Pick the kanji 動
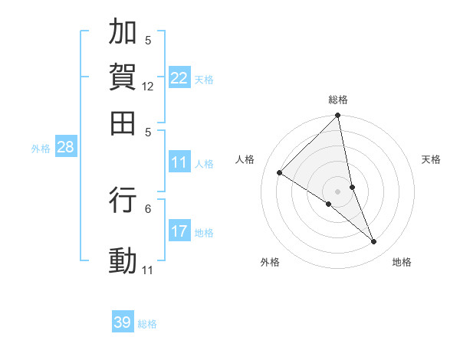[x=123, y=260]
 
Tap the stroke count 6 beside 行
[x=148, y=208]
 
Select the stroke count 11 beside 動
[x=148, y=270]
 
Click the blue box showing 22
[x=179, y=78]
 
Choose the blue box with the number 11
[x=179, y=162]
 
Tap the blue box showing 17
[x=179, y=231]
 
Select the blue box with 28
[x=65, y=148]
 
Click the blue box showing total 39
[x=123, y=322]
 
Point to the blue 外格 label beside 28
[x=41, y=149]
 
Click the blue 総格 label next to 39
[x=147, y=324]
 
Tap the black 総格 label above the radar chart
[x=338, y=100]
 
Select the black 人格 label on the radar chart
[x=245, y=159]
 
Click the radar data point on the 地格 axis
[x=374, y=242]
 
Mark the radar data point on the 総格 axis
[x=338, y=116]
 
